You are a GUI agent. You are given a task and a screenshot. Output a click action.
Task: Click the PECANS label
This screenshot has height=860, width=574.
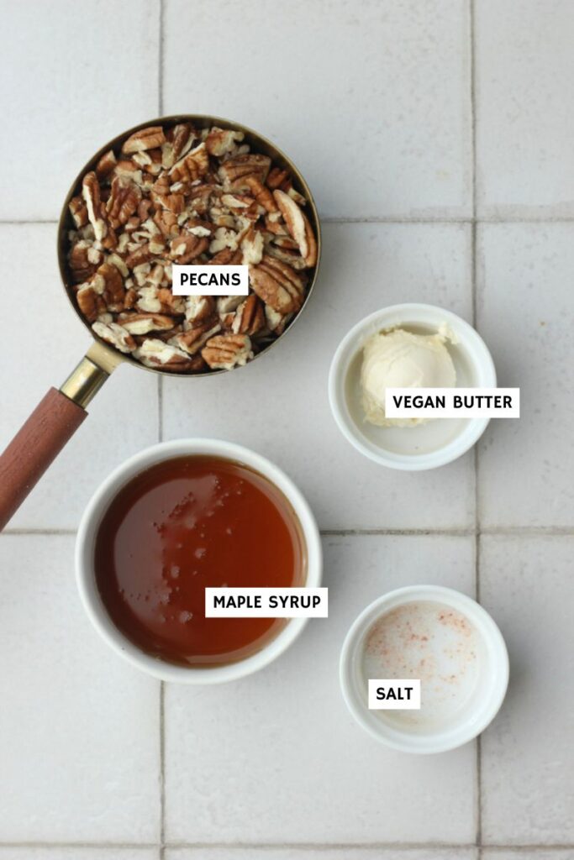(x=209, y=280)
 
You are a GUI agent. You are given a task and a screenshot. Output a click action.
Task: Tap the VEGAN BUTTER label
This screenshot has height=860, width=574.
(x=452, y=402)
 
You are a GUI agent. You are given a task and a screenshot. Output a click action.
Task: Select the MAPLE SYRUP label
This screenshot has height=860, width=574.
(x=266, y=601)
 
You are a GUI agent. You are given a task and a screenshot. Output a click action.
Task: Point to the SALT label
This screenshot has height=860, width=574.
(x=393, y=694)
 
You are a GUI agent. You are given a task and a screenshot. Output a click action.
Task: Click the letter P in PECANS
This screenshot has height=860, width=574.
(x=182, y=280)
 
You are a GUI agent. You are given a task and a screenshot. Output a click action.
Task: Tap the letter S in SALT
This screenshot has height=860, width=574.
(x=380, y=694)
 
